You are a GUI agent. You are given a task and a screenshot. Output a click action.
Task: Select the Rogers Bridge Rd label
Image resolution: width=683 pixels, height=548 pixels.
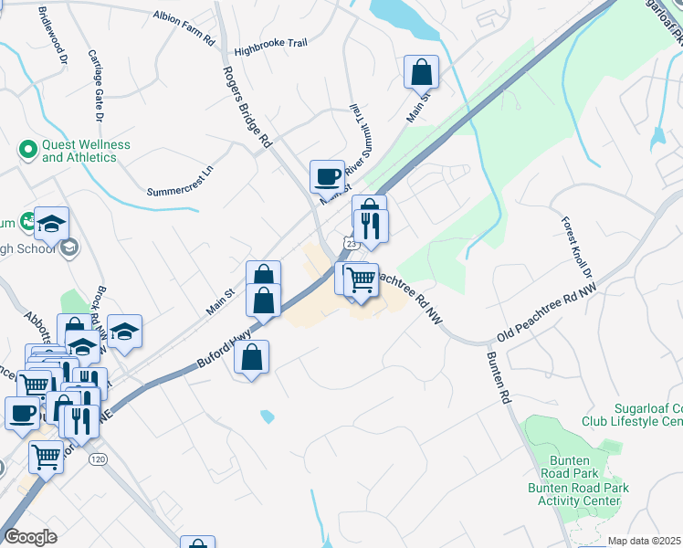[x=247, y=107]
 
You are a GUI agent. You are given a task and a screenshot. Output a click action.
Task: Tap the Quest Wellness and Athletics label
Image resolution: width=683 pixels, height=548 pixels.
[x=86, y=151]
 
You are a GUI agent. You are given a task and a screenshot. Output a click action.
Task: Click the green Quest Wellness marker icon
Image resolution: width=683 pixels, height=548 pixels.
[x=28, y=147]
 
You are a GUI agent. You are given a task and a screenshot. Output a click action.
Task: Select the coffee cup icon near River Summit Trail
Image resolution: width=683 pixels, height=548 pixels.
[x=327, y=175]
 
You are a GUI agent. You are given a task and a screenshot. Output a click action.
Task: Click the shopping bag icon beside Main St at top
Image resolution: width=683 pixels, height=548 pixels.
[x=421, y=71]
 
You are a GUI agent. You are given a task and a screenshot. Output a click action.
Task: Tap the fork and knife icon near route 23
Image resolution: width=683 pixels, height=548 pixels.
[x=371, y=225]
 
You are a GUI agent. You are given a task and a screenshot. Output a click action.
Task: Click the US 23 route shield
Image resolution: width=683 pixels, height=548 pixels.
[x=352, y=244]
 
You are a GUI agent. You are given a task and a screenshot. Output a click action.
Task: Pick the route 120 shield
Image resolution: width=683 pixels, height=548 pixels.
[x=97, y=458]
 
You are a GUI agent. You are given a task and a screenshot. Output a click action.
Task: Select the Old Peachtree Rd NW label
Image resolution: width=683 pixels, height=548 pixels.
[x=547, y=311]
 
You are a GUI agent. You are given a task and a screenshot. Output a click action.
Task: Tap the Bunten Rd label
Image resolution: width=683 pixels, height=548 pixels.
[x=497, y=378]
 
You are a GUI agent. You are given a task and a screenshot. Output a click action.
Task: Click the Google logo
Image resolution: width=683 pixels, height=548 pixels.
[x=29, y=537]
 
